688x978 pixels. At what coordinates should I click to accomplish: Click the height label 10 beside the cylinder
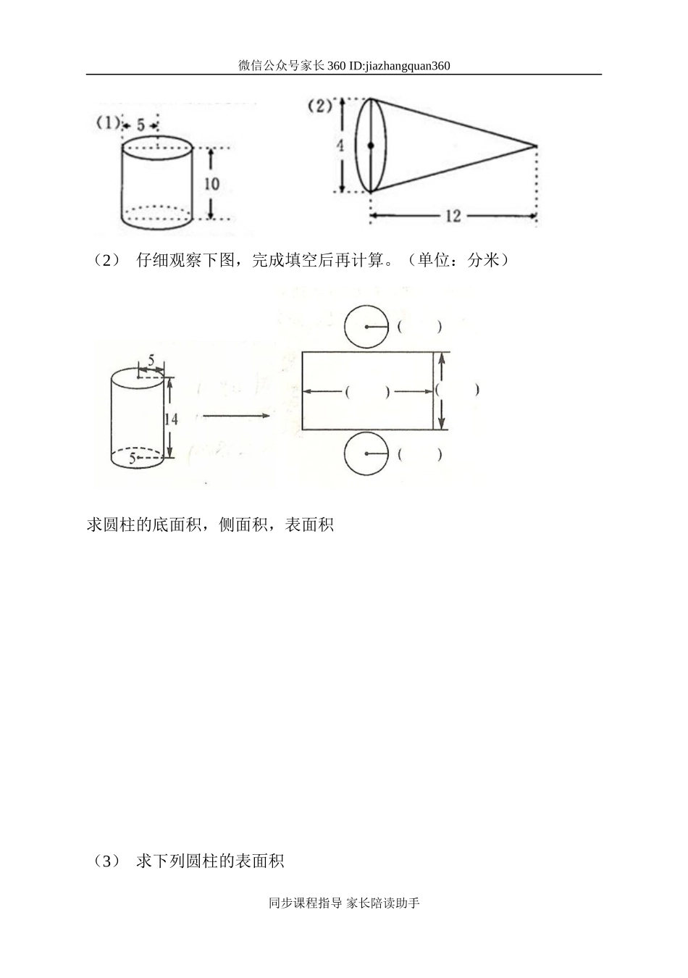point(211,184)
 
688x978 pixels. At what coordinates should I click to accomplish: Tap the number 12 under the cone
point(453,216)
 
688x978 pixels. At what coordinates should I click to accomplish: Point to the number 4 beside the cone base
point(340,146)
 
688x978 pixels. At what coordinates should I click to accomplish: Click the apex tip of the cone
point(535,146)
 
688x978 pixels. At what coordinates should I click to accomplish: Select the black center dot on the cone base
point(371,146)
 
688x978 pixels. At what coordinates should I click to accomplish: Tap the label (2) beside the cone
point(319,106)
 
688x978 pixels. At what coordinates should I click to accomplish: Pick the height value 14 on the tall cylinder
point(171,418)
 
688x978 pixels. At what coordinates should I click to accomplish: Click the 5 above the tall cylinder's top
point(151,359)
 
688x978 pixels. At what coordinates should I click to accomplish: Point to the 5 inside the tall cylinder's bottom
point(133,459)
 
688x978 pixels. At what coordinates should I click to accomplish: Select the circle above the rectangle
point(366,327)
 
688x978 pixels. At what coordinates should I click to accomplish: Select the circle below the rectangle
point(366,454)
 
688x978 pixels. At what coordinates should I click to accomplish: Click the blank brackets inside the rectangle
point(367,392)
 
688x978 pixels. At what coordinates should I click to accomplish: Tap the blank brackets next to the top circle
point(419,327)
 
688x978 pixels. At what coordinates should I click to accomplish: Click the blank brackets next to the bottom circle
point(419,455)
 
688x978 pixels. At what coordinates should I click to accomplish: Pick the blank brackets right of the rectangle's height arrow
point(457,390)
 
